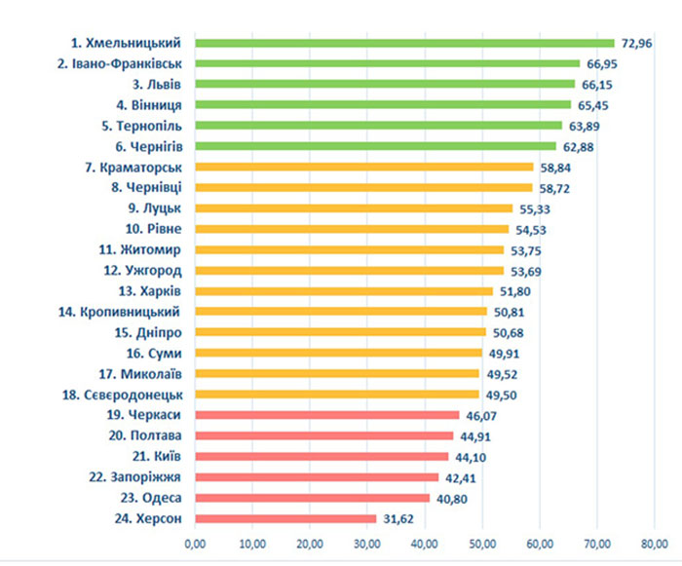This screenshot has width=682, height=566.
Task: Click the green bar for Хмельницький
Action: click(404, 43)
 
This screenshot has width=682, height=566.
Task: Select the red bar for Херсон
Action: click(285, 518)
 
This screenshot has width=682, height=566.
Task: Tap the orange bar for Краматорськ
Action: click(364, 167)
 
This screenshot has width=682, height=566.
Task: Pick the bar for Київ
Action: click(322, 456)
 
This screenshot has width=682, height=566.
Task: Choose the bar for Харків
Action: click(344, 291)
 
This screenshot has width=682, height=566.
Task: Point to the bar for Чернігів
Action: click(375, 146)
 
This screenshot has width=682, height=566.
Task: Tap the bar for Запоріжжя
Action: click(317, 477)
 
